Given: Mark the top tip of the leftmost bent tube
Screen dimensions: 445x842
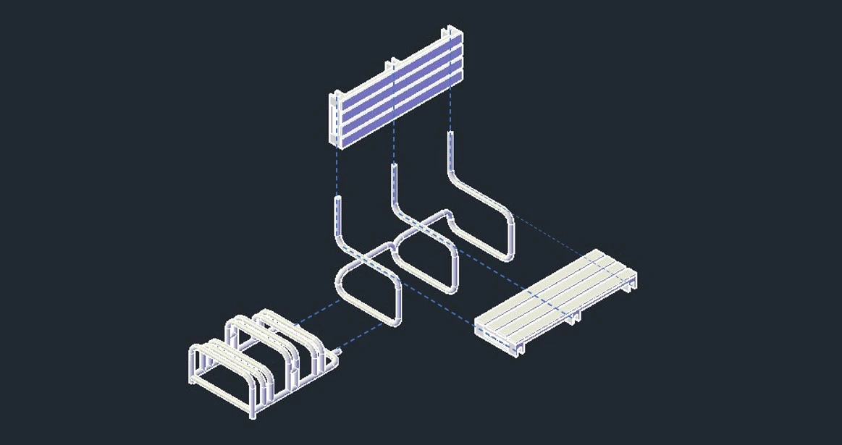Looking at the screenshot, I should (x=337, y=198).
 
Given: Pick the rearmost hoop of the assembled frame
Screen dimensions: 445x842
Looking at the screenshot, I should (x=290, y=326).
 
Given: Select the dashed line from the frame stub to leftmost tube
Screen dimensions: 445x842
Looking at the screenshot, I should (x=362, y=336).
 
